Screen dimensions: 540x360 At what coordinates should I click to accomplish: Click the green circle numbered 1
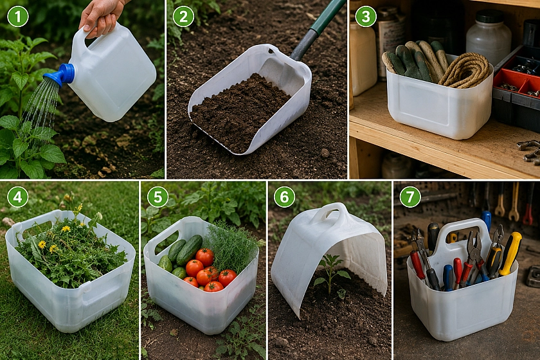click(18, 16)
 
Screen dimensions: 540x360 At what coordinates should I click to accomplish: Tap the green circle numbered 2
click(183, 16)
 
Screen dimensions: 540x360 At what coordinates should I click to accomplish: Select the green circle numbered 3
click(366, 16)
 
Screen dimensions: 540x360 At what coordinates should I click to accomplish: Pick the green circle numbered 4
click(18, 197)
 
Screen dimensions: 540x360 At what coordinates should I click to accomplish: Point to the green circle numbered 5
click(157, 197)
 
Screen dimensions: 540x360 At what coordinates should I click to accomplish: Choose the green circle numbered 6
click(284, 197)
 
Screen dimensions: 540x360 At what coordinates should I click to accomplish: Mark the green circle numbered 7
click(410, 197)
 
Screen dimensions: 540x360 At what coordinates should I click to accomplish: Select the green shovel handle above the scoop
click(318, 30)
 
